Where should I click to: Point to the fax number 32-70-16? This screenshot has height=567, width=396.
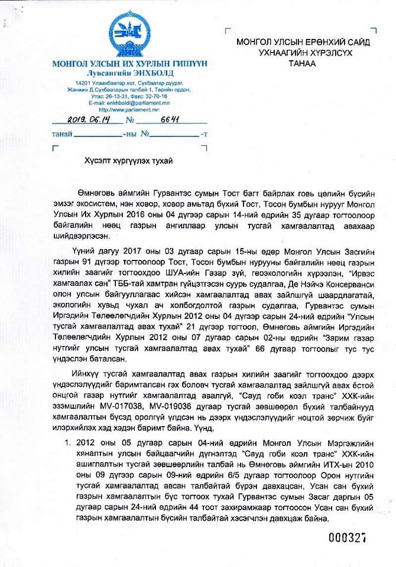point(158,96)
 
